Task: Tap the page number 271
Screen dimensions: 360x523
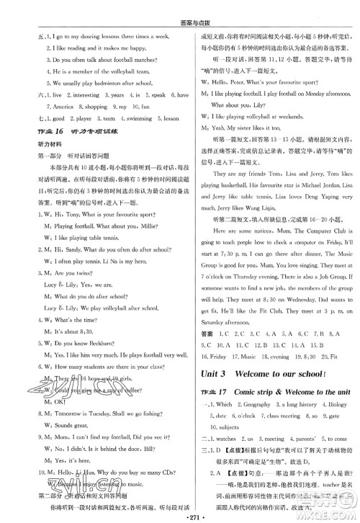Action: point(180,514)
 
